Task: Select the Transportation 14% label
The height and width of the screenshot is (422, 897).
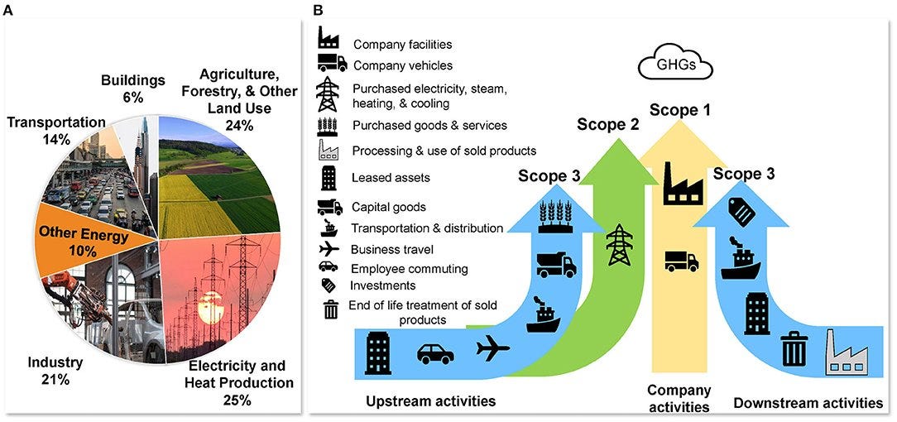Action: tap(55, 131)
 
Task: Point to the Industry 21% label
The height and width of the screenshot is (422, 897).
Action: tap(55, 371)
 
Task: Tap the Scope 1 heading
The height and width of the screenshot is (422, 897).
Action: tap(679, 109)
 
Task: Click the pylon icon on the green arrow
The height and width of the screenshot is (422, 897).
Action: tap(619, 245)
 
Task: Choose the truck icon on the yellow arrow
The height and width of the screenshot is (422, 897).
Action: tap(681, 261)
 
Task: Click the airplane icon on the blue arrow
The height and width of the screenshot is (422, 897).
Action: tap(493, 351)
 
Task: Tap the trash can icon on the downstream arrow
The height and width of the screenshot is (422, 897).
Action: tap(794, 348)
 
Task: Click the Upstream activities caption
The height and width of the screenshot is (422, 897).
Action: tap(430, 401)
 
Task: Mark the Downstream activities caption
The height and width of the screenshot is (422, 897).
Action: tap(808, 403)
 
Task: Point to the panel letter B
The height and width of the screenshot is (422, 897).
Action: tap(319, 12)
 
